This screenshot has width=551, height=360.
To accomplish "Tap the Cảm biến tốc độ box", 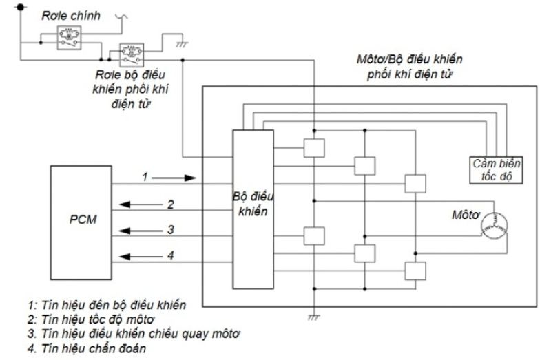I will (492, 169).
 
